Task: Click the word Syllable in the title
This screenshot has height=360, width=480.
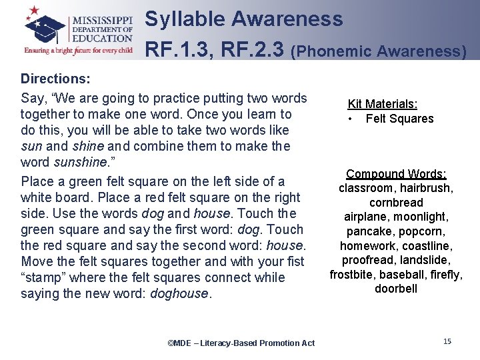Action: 185,19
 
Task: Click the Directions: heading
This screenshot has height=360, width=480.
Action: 55,79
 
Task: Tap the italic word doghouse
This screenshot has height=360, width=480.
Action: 180,293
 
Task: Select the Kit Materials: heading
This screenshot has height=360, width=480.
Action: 383,104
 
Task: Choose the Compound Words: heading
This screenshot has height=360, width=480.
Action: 396,174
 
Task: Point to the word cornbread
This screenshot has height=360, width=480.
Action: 396,202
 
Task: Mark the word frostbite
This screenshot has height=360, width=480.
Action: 353,274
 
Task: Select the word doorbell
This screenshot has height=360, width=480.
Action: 396,289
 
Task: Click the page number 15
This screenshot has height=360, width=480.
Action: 447,341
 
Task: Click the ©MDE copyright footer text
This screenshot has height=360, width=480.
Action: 241,343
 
